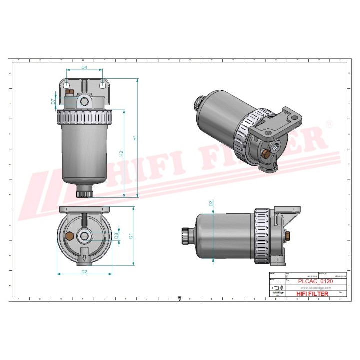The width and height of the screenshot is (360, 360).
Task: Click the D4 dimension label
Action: click(84, 67)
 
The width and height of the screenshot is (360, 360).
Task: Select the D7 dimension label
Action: click(53, 102)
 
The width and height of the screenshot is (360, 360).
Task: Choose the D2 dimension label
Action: click(84, 271)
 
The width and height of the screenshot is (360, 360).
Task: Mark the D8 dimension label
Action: click(116, 235)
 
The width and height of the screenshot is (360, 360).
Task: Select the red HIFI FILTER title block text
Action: click(312, 294)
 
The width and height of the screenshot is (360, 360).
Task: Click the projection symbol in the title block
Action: click(276, 289)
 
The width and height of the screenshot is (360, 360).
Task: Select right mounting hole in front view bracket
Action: click(102, 86)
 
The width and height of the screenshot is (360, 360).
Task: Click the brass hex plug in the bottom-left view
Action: click(69, 235)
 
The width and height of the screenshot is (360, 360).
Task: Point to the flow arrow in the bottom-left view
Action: click(85, 259)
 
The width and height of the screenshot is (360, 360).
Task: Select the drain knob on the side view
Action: click(186, 234)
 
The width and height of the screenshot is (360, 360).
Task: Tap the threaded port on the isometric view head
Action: click(276, 147)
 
